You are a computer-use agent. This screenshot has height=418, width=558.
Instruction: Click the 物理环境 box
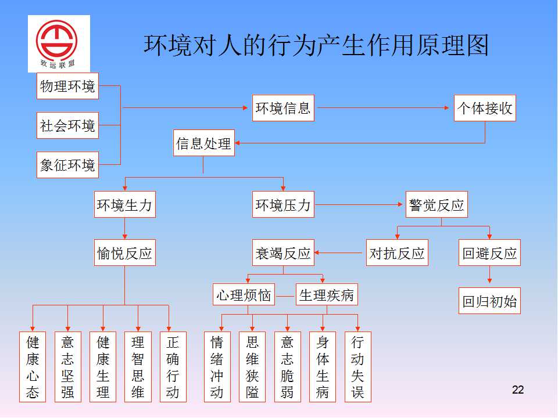(x=67, y=86)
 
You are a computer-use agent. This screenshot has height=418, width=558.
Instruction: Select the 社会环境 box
(x=67, y=125)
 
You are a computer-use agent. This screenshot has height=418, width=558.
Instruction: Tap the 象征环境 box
(x=67, y=165)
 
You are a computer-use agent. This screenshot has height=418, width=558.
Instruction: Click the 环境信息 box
(x=283, y=108)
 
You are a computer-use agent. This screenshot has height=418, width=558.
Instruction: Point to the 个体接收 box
(x=485, y=108)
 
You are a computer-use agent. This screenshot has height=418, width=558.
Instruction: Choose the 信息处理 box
(x=204, y=143)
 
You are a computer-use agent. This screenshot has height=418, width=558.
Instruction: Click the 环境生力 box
(x=125, y=204)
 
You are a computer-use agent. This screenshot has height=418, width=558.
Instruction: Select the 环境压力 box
(x=283, y=204)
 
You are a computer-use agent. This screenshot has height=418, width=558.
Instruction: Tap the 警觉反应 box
(x=437, y=204)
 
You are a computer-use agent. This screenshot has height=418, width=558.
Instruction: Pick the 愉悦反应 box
(x=125, y=253)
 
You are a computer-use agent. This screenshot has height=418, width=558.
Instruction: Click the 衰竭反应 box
(x=283, y=253)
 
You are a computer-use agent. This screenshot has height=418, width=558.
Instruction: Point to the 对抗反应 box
(x=397, y=253)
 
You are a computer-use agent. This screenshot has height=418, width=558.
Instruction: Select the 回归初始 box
(x=489, y=301)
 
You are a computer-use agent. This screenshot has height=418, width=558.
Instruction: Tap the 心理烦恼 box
(x=244, y=294)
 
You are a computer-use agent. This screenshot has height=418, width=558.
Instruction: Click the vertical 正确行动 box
(x=173, y=367)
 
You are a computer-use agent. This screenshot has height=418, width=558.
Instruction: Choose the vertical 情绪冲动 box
(x=217, y=367)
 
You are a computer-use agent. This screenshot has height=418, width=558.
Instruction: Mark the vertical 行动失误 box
(x=358, y=367)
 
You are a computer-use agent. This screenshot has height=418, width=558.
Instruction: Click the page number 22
(x=518, y=390)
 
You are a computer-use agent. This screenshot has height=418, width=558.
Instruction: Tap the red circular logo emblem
(x=56, y=41)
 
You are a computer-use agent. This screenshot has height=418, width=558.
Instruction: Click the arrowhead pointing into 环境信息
(x=245, y=108)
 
